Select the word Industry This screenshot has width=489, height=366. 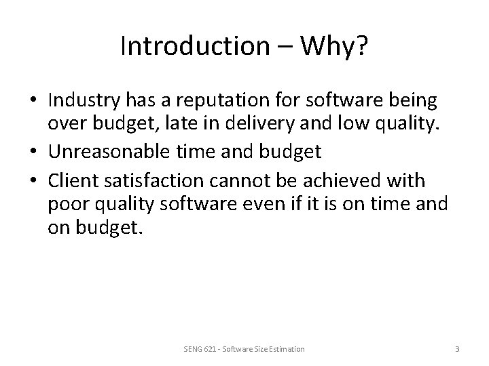[x=84, y=101]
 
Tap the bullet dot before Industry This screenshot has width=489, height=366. [x=34, y=102]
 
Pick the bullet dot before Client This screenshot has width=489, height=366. [x=34, y=181]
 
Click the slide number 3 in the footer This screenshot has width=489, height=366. [x=457, y=349]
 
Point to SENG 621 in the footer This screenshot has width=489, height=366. [x=197, y=349]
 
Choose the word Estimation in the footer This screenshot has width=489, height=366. [x=286, y=349]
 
